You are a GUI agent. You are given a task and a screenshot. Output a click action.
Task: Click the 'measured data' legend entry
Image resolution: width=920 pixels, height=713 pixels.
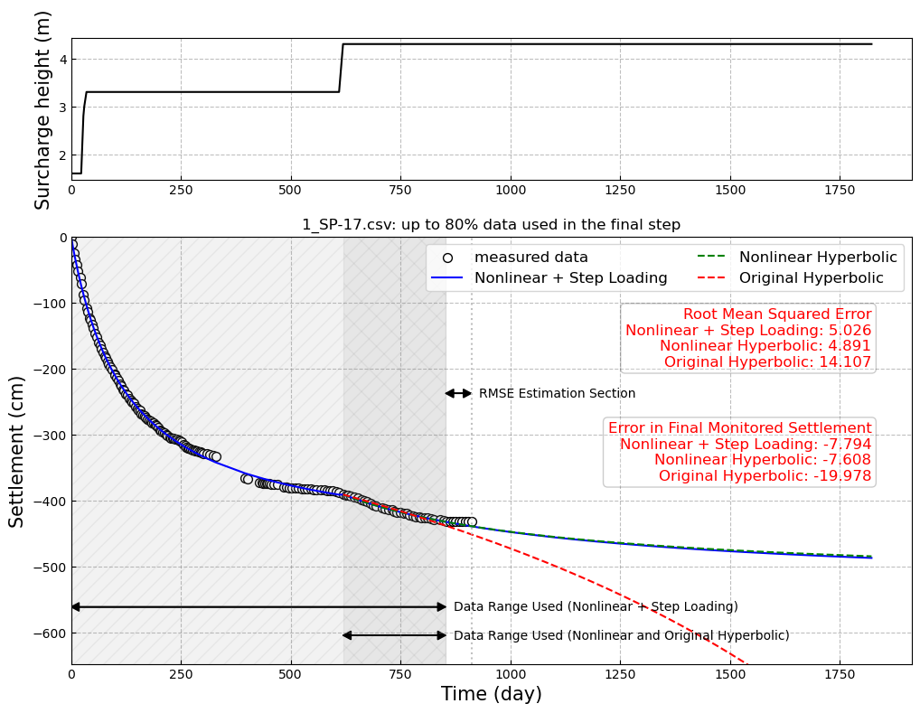pos(530,258)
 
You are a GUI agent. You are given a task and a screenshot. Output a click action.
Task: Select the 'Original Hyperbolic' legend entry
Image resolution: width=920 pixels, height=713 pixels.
pos(818,278)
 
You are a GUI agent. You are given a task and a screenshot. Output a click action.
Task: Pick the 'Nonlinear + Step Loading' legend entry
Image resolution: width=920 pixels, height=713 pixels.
pos(570,278)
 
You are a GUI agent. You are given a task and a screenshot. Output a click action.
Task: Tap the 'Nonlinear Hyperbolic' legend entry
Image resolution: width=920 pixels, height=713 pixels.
pos(818,258)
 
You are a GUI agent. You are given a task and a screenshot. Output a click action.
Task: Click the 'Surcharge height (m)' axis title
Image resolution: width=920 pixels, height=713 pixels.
pos(43,109)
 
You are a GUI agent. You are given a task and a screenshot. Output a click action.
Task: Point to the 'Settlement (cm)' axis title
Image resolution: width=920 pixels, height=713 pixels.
pos(17,451)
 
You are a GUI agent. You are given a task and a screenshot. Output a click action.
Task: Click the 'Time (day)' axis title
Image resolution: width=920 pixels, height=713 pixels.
pos(491,694)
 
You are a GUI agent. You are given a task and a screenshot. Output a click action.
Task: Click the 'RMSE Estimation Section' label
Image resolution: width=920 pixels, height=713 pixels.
pos(557,394)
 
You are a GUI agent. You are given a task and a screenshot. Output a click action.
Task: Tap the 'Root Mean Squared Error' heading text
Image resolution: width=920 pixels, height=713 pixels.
pos(777,314)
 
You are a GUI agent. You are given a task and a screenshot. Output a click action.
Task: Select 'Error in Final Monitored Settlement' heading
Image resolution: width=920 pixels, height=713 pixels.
pos(739,428)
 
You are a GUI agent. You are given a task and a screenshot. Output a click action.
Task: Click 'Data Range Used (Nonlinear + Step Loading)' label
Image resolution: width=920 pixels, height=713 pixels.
pos(596,607)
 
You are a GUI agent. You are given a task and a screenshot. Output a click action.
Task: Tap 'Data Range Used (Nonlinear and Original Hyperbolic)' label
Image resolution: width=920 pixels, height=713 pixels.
pos(621,636)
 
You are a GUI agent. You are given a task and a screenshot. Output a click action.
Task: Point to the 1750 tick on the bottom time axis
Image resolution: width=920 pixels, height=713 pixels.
pos(840,674)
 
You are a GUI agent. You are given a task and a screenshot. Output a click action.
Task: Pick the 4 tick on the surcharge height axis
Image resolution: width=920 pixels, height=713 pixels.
pos(62,60)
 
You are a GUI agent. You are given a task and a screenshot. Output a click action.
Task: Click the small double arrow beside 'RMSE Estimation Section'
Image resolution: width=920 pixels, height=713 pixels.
pos(458,393)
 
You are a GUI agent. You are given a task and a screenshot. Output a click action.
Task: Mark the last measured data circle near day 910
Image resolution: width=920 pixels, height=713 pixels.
pos(472,521)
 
